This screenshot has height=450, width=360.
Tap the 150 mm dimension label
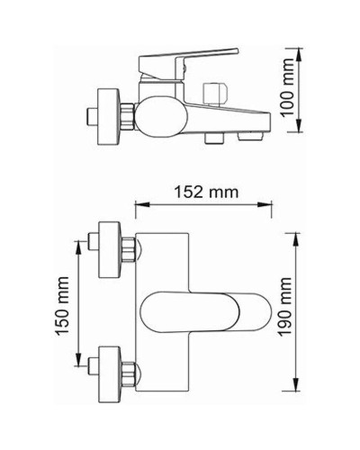(x=60, y=311)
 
